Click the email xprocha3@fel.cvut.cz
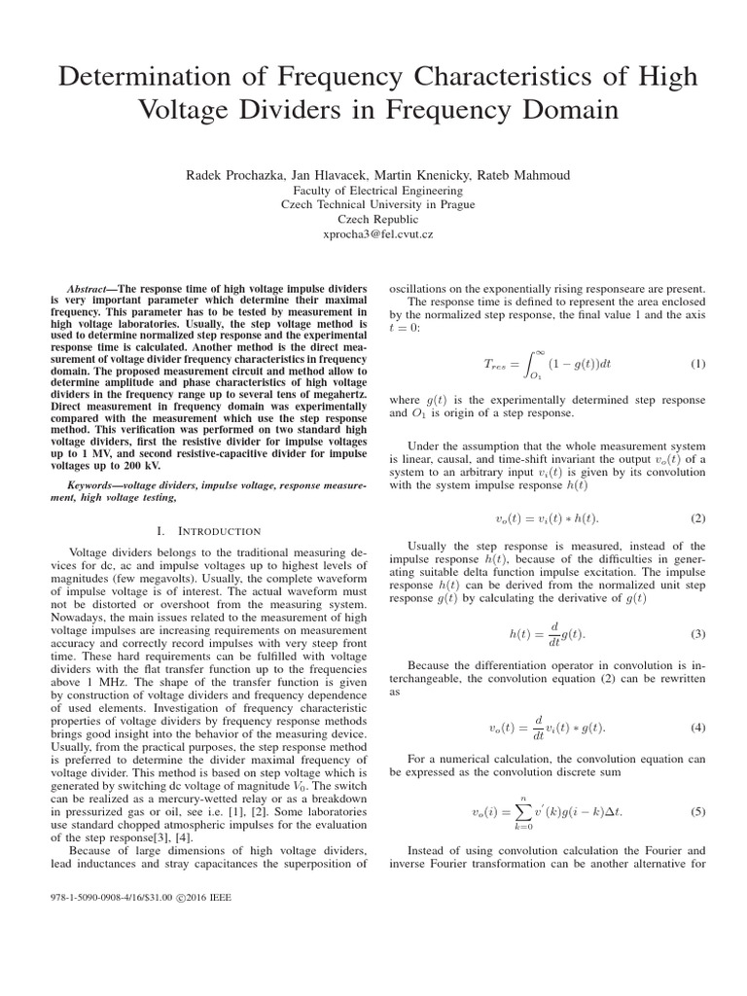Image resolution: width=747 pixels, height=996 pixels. coord(373,235)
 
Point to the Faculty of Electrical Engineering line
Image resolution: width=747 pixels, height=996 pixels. coord(373,191)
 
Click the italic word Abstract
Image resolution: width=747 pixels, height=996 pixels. coord(91,291)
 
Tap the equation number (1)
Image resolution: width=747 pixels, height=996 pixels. coord(697,364)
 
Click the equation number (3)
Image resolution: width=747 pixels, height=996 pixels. coord(697,634)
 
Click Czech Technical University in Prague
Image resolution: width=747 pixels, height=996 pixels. coord(373,205)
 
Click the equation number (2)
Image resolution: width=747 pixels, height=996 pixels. coord(697,517)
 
